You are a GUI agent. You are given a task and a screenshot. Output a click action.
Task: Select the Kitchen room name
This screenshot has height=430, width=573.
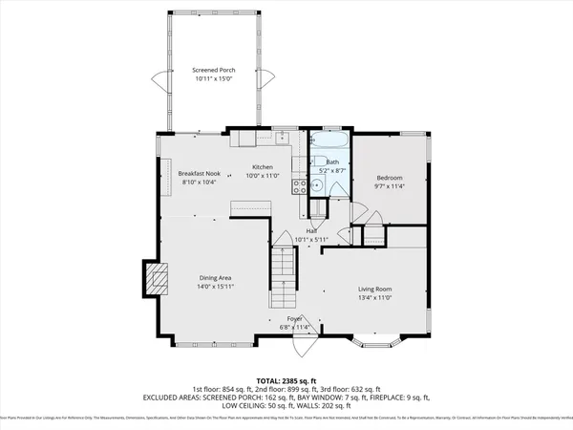point(263,168)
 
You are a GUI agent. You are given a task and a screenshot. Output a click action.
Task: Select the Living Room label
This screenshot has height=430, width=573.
point(375,289)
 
